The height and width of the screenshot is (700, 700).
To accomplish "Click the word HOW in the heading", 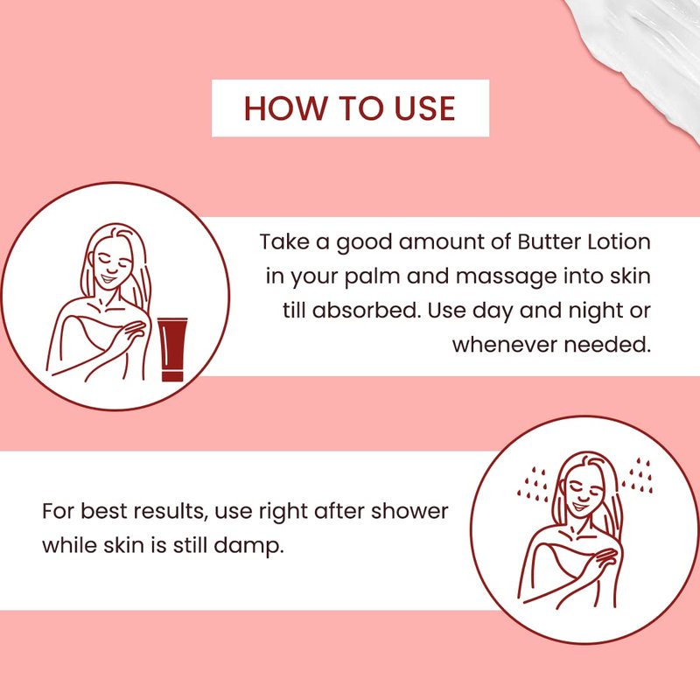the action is [285, 108].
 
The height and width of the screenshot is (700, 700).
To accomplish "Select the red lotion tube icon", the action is [172, 349].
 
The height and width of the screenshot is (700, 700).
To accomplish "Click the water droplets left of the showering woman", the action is [533, 485].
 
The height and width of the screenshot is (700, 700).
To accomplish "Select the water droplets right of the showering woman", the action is [638, 475].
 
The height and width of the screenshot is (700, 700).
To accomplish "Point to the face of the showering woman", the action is [583, 495].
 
